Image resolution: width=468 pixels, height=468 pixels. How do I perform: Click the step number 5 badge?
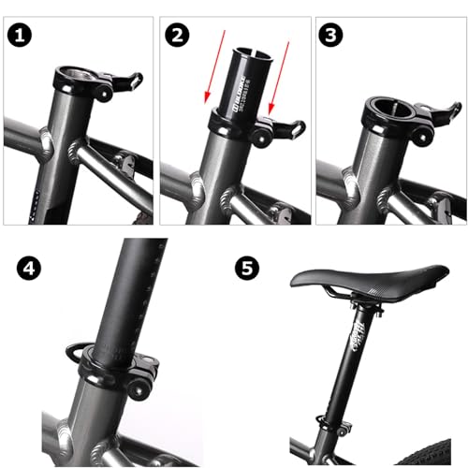[x=245, y=269]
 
